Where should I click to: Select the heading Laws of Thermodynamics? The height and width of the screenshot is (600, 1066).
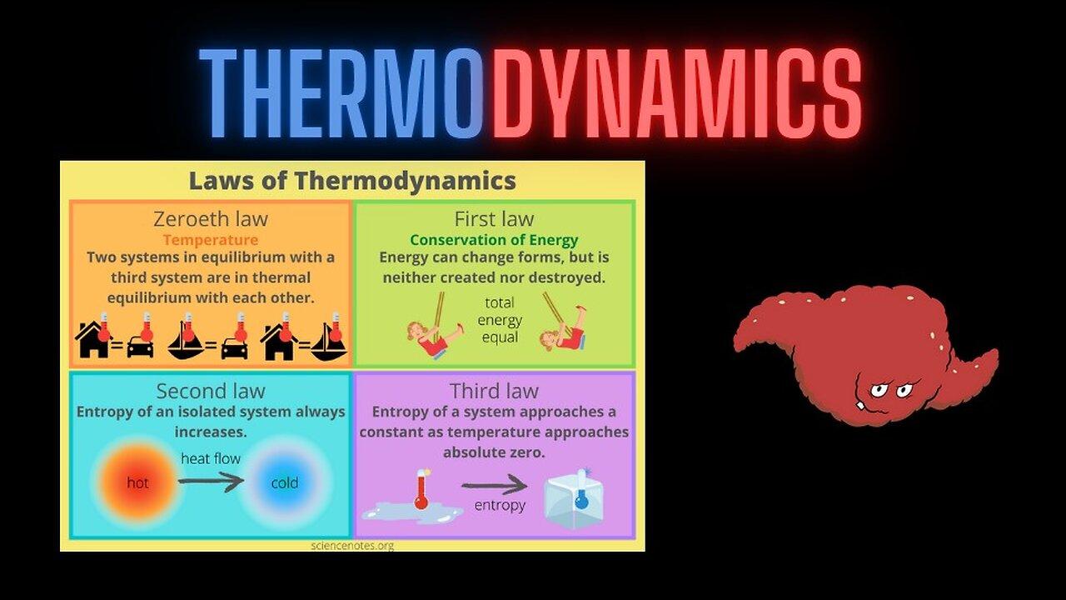coord(352,181)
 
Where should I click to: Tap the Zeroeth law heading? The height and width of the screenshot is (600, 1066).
coord(211,219)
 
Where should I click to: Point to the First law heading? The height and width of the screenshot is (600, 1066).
coord(494,219)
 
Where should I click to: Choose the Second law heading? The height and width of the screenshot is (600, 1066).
coord(211,391)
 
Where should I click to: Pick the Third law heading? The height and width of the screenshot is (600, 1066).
coord(494,391)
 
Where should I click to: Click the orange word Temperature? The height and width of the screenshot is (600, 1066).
coord(211,240)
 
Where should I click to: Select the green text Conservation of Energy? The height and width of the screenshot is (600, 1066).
coord(494,240)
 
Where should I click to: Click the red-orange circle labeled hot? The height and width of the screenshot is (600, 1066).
coord(137,482)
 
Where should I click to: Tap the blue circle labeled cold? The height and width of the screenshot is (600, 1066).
coord(285,482)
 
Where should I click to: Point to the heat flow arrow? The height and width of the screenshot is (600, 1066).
coord(211,480)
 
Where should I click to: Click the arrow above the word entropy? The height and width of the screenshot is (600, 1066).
coord(495,485)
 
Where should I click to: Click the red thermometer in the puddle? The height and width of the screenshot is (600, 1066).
coord(421,490)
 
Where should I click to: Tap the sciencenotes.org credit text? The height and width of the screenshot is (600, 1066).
coord(352,546)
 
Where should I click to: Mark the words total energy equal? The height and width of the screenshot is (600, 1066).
coord(500,320)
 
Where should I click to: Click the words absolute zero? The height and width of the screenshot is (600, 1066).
coord(494,452)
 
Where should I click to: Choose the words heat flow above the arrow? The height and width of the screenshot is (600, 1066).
coord(211,458)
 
